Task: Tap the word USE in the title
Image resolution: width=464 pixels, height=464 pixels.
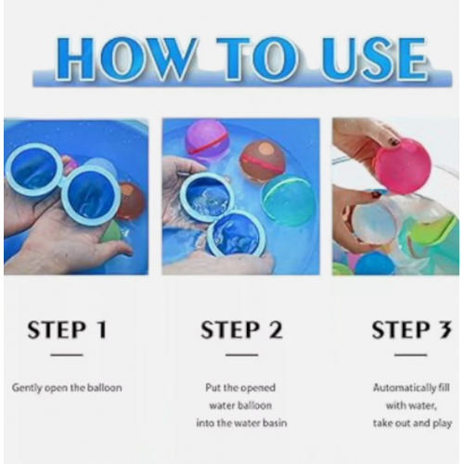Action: point(374,58)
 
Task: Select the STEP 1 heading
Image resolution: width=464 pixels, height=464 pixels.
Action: point(67,329)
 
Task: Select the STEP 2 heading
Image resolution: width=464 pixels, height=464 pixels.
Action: point(241,329)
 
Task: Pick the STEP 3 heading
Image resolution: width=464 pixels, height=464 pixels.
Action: point(411,329)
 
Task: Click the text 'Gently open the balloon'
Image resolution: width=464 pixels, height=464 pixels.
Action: point(67,388)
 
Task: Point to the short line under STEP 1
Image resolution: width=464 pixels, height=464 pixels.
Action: point(67,354)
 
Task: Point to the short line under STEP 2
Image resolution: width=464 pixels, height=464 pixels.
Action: point(241,354)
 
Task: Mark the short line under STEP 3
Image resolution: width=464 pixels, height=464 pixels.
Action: point(411,354)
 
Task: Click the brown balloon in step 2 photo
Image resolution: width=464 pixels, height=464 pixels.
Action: point(263,161)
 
